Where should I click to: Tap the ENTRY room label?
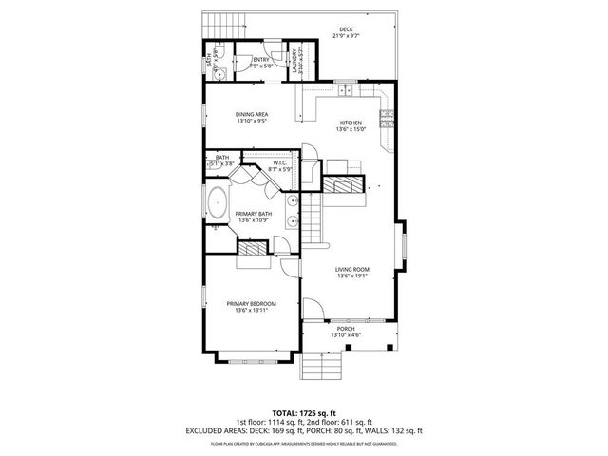click(x=260, y=60)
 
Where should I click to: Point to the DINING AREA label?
click(x=252, y=115)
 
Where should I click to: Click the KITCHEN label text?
click(x=351, y=123)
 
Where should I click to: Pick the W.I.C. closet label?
click(x=279, y=163)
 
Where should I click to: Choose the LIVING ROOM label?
click(x=351, y=270)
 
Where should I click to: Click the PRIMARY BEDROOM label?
click(x=252, y=303)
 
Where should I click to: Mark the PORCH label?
click(x=345, y=329)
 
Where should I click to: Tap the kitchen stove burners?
click(x=387, y=120)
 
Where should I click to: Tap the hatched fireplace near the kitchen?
click(x=344, y=183)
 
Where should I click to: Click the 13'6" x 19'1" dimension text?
click(x=351, y=276)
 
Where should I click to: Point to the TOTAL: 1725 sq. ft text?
click(x=303, y=414)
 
